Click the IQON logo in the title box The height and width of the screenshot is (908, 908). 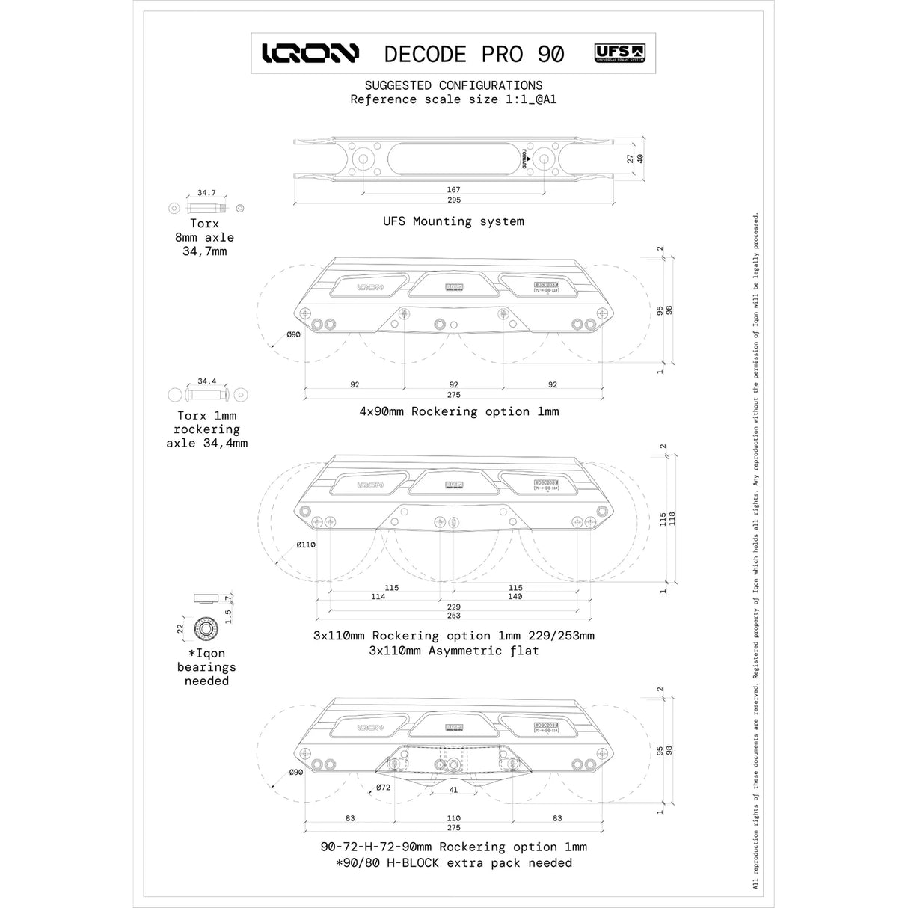pyautogui.click(x=310, y=53)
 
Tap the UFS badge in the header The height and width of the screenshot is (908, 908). pyautogui.click(x=620, y=53)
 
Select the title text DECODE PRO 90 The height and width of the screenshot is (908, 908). pyautogui.click(x=473, y=54)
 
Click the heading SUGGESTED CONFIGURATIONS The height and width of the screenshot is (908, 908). pyautogui.click(x=453, y=85)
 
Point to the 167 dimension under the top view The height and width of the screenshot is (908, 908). pyautogui.click(x=453, y=190)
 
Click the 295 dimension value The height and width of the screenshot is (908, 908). pyautogui.click(x=453, y=200)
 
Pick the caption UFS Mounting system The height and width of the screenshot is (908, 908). pyautogui.click(x=453, y=221)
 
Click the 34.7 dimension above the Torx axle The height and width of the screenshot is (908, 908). pyautogui.click(x=206, y=193)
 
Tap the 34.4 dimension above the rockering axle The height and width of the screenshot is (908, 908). pyautogui.click(x=207, y=381)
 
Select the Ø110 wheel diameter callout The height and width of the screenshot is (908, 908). pyautogui.click(x=305, y=545)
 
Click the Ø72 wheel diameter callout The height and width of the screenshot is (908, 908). pyautogui.click(x=383, y=788)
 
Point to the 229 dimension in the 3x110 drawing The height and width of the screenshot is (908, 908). pyautogui.click(x=453, y=607)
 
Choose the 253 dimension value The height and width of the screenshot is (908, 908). pyautogui.click(x=453, y=616)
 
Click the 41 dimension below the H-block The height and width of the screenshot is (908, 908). pyautogui.click(x=453, y=790)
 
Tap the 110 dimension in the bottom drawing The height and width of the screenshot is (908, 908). pyautogui.click(x=453, y=818)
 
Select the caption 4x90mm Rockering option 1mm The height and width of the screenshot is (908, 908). pyautogui.click(x=458, y=411)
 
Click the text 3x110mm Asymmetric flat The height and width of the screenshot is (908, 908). pyautogui.click(x=453, y=651)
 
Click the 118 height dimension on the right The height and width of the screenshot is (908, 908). pyautogui.click(x=672, y=519)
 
